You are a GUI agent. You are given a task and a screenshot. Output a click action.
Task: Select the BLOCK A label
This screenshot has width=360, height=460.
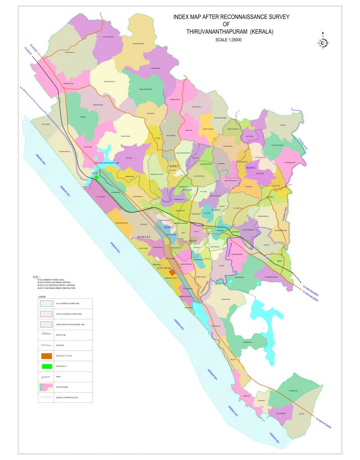pos(216,210)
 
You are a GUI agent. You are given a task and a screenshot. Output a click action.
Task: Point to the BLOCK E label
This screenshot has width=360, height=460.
pos(251,168)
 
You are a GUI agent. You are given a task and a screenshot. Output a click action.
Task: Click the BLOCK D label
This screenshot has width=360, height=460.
pos(174,167)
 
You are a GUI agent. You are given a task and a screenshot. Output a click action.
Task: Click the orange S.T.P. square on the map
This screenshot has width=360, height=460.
pos(172,272)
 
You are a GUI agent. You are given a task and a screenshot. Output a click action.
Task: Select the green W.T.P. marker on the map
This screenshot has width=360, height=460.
pos(97,177)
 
